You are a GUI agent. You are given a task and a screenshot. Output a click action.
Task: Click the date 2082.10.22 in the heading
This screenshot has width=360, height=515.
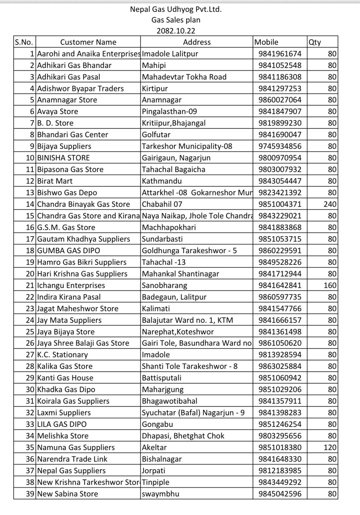(x=176, y=31)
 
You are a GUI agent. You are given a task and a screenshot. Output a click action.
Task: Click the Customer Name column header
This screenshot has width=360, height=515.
(x=88, y=42)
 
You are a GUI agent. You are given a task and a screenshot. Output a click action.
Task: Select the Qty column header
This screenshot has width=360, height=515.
(x=315, y=42)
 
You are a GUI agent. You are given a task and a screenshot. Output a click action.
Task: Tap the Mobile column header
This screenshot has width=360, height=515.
(x=266, y=42)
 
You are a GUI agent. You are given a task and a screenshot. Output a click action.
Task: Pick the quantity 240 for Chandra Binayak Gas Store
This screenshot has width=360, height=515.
(x=330, y=204)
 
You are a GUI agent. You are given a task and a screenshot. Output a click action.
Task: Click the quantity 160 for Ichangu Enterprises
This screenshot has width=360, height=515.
(x=330, y=285)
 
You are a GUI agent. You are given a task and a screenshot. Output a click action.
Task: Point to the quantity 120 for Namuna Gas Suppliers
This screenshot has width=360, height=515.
(x=330, y=447)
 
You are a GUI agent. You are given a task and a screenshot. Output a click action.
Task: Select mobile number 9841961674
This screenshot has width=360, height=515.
(x=280, y=54)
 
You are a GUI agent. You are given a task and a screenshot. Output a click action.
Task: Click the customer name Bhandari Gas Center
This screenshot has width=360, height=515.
(x=72, y=134)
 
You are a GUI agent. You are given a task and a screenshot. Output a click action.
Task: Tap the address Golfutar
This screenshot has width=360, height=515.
(x=156, y=134)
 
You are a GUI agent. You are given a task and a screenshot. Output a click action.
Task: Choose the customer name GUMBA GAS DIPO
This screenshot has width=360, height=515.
(x=69, y=250)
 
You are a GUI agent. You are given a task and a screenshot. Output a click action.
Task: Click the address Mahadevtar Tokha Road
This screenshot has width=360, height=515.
(x=184, y=77)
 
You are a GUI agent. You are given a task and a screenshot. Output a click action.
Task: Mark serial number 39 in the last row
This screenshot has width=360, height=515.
(x=30, y=494)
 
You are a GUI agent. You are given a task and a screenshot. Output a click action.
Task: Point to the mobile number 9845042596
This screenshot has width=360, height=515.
(x=280, y=494)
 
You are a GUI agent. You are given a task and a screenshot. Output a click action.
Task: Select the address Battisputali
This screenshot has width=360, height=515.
(x=161, y=378)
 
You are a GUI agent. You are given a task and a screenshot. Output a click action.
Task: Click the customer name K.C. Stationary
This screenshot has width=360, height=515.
(x=62, y=355)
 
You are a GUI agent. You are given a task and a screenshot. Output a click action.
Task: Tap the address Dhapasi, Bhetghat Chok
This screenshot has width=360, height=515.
(x=183, y=436)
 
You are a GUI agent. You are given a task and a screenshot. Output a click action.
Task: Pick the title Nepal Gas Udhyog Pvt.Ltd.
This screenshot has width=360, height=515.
(x=176, y=9)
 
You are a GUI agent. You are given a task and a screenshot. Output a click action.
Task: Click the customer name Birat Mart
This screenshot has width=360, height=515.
(x=55, y=181)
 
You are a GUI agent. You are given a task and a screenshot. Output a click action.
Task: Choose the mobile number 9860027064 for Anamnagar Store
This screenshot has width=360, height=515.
(x=280, y=100)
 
